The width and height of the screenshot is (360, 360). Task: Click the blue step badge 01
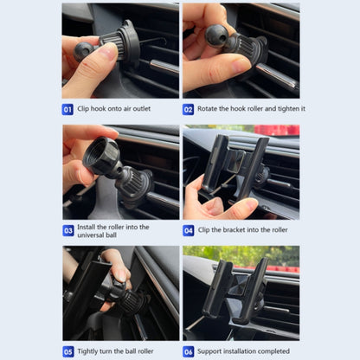coord(68,110)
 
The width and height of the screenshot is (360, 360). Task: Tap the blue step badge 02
coord(188,110)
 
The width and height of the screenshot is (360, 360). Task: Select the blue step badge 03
coord(68,231)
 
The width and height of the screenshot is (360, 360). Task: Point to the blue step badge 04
coord(188,231)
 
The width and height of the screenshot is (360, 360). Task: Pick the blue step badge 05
coord(68,352)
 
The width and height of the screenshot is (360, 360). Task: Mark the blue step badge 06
coord(188,352)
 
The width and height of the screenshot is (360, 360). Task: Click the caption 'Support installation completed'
coord(243,352)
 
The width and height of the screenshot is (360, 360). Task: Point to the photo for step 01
coord(119,52)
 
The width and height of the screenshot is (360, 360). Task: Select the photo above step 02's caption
coord(241,52)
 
